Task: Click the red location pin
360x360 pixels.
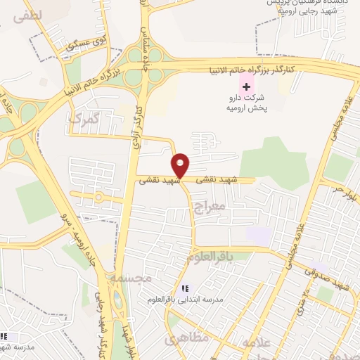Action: [x=181, y=165]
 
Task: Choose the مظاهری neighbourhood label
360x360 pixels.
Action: [x=187, y=340]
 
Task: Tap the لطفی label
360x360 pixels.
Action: [x=27, y=15]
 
